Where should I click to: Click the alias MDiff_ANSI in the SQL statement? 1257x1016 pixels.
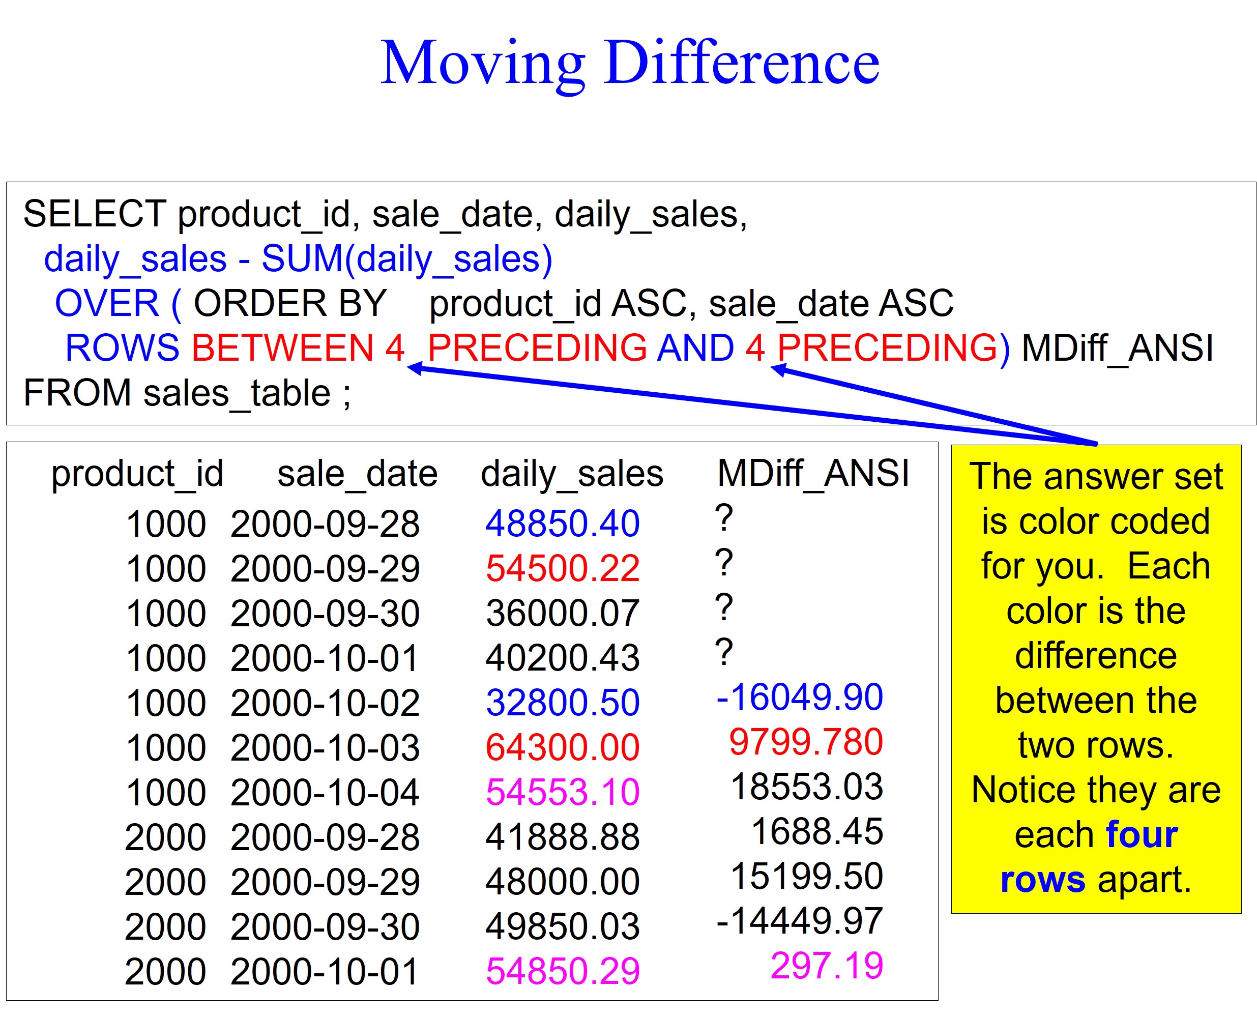pos(1117,348)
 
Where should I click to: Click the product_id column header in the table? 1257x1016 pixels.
pos(137,474)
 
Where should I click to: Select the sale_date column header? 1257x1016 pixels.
pos(357,474)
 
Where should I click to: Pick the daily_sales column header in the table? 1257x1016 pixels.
pos(572,474)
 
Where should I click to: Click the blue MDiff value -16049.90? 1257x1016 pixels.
pos(799,697)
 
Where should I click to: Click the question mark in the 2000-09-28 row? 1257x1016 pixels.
pos(724,517)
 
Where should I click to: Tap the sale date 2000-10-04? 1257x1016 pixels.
pos(325,793)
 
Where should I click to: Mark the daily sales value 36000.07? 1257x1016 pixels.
pos(563,614)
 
